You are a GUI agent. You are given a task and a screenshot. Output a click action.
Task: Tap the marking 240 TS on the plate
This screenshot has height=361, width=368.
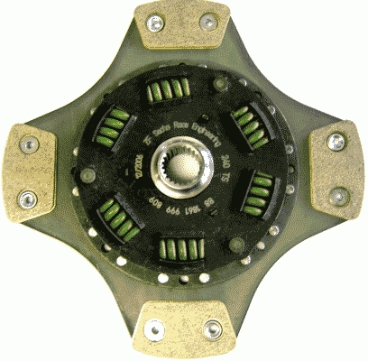click(226, 171)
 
